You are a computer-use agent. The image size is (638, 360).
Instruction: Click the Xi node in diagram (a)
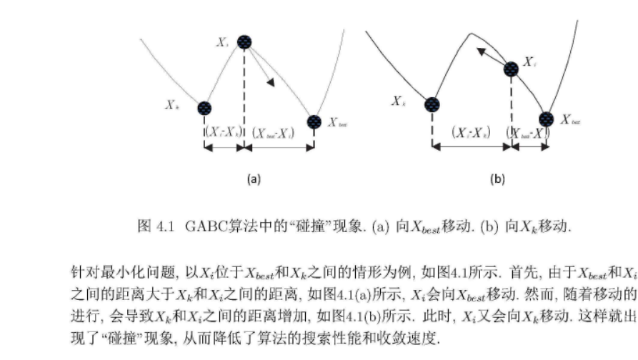pos(244,42)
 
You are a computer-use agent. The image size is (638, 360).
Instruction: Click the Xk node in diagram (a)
pos(205,108)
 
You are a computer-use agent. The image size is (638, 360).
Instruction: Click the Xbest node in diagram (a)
pos(314,121)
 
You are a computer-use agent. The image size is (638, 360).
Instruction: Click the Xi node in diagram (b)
pos(512,69)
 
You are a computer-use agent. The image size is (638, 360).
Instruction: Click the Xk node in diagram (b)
pos(432,105)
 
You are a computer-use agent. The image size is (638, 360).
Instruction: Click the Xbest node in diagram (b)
pos(546,119)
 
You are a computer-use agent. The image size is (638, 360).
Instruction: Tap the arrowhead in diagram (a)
pos(271,83)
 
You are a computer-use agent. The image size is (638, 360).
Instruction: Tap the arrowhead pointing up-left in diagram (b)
pos(482,51)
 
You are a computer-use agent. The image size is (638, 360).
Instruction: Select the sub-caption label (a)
pos(254,180)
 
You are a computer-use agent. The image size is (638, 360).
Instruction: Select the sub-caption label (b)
pos(497,180)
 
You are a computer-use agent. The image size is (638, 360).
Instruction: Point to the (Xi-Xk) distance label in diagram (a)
pos(224,132)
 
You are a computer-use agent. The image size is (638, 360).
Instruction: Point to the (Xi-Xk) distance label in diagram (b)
pos(472,132)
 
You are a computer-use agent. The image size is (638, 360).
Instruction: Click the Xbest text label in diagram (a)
pos(339,124)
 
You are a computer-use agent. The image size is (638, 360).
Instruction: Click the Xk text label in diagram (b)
pos(399,101)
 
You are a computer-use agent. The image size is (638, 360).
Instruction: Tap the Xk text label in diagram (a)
pos(172,105)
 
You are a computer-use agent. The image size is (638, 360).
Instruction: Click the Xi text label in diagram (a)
pos(222,43)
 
